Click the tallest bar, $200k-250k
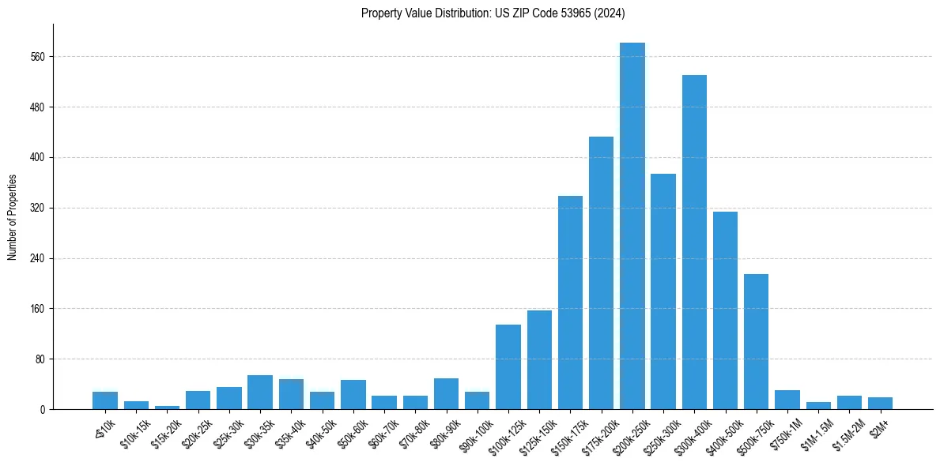(632, 226)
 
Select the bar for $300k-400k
(694, 242)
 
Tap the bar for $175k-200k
(601, 272)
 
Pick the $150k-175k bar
(570, 303)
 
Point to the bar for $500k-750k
(756, 341)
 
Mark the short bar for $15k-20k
(167, 407)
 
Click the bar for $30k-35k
(260, 392)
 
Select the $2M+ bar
(880, 403)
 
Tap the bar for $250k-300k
(663, 291)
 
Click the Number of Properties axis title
(12, 217)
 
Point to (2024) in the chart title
(609, 13)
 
